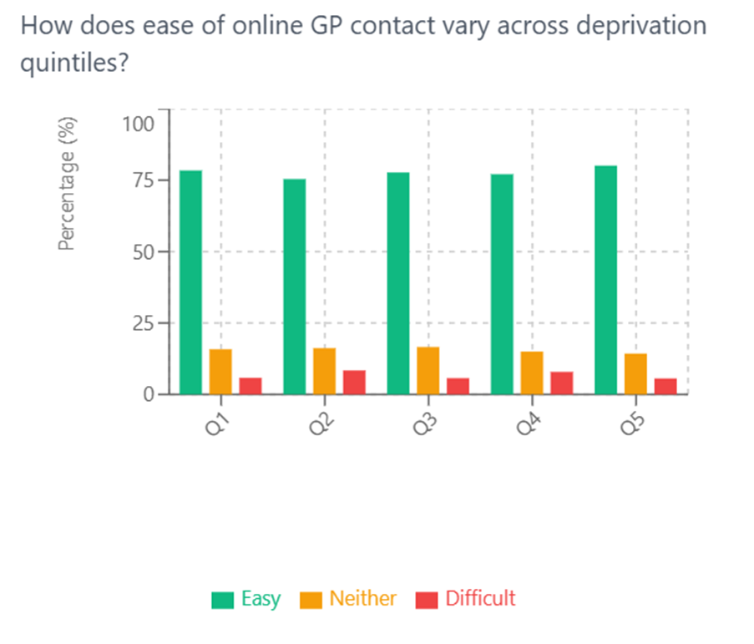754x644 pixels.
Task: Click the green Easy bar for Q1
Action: coord(190,281)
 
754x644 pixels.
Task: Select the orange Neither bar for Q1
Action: coord(220,371)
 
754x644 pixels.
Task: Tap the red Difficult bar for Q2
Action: coord(354,382)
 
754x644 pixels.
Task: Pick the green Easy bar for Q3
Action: coord(398,282)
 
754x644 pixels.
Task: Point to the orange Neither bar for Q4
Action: coord(532,373)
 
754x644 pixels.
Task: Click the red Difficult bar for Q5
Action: coord(665,386)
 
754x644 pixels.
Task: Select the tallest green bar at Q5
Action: coord(605,279)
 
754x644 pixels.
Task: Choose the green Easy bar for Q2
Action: coord(294,286)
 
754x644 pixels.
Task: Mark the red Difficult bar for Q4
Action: coord(562,383)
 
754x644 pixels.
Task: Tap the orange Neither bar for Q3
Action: coord(428,370)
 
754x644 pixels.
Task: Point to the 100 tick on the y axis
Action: coord(138,124)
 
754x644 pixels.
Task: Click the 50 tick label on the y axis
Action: coord(144,251)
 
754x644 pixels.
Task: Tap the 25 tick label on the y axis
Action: coord(144,322)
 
